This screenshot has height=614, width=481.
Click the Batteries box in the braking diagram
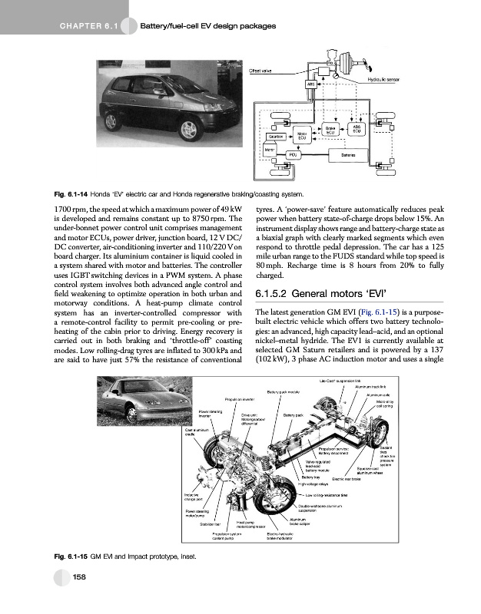coord(340,153)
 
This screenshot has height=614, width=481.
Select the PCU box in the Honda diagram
coord(291,153)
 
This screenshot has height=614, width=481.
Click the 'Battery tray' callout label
coord(310,477)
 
